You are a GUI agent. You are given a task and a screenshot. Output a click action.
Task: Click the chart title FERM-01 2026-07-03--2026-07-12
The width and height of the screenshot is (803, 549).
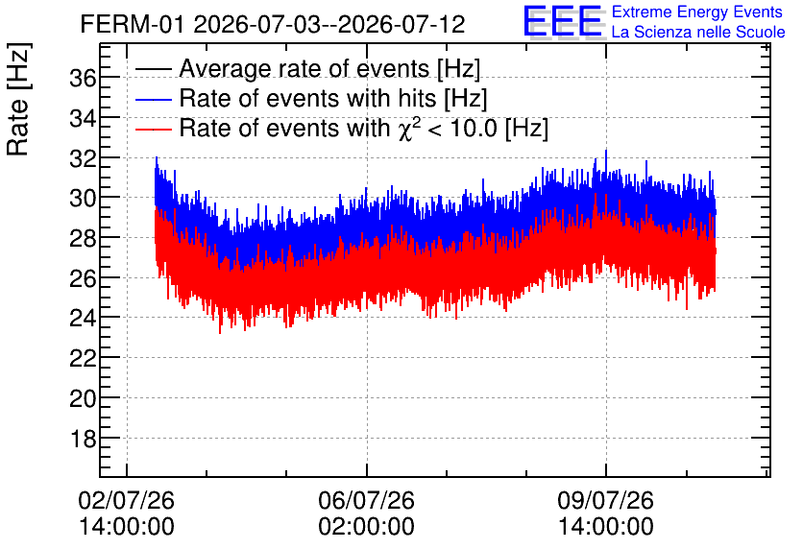click(273, 24)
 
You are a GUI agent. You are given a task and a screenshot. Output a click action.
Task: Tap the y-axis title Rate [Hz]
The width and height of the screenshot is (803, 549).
click(18, 99)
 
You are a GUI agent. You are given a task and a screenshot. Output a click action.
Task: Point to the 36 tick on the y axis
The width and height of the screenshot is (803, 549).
click(83, 79)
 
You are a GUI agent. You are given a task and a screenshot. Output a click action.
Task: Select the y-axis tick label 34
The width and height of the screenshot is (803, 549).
click(83, 119)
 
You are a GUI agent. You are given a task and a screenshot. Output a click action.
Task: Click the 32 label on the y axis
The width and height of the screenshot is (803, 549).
click(83, 158)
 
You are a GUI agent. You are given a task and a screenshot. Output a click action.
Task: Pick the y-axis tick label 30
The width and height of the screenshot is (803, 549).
click(83, 198)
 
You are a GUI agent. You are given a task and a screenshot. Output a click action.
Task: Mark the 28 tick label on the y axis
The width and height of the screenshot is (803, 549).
click(83, 238)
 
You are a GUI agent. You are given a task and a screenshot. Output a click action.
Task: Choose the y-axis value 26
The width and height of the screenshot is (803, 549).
click(83, 278)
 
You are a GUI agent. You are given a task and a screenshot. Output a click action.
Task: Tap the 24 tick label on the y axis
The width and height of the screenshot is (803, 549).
click(83, 319)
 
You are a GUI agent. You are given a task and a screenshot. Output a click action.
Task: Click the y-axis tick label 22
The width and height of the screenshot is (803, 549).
click(83, 358)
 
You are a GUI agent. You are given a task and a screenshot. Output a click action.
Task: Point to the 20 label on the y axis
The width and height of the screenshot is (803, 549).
click(83, 398)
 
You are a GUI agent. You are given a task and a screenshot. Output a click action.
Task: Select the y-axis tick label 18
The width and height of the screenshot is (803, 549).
click(83, 439)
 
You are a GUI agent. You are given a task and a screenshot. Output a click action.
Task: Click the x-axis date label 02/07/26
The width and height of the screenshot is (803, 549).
click(127, 500)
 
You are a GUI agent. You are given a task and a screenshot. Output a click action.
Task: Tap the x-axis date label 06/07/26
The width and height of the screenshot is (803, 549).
click(366, 500)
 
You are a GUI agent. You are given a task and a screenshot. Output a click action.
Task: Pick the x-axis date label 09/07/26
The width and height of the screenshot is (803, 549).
click(606, 500)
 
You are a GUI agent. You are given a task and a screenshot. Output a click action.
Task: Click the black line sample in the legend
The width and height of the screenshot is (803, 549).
click(154, 69)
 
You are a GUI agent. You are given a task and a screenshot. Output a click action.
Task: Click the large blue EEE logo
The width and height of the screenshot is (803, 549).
click(563, 21)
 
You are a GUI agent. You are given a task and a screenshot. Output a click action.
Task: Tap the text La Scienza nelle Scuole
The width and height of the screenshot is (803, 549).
click(698, 33)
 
